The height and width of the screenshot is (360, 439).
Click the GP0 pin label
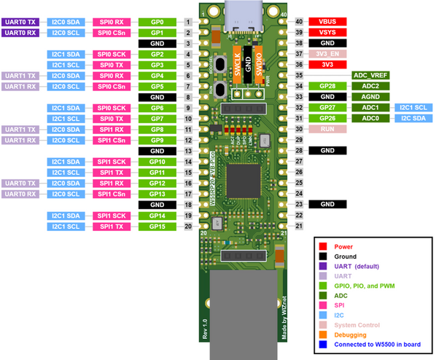pyautogui.click(x=157, y=22)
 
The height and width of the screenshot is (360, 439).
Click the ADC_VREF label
pyautogui.click(x=370, y=75)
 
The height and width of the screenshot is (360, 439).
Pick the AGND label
pyautogui.click(x=370, y=96)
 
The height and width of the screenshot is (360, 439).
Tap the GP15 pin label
pyautogui.click(x=157, y=227)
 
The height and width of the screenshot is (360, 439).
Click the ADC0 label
pyautogui.click(x=370, y=118)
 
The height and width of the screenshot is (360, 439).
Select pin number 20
pyautogui.click(x=188, y=227)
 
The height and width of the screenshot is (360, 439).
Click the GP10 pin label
pyautogui.click(x=157, y=161)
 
